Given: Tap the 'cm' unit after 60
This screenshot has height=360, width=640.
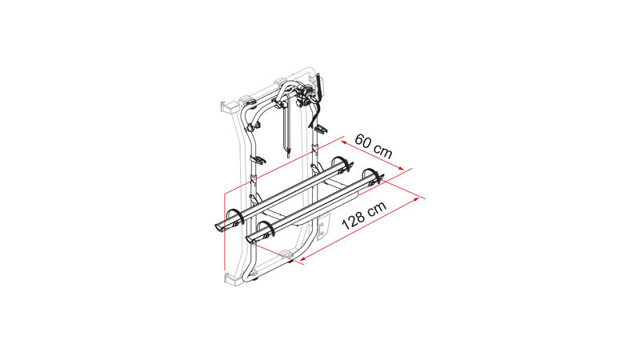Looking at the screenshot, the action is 383,152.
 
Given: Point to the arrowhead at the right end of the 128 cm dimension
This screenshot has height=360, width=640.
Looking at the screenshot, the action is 416,198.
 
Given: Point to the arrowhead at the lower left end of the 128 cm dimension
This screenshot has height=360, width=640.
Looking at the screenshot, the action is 303,258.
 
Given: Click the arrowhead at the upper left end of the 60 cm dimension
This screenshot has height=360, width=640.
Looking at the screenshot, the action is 344,142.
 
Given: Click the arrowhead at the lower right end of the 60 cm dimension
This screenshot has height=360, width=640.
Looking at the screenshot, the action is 401,168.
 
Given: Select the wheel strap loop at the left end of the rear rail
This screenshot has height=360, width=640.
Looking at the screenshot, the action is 234,215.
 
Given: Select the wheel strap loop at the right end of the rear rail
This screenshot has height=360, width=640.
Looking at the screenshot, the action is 342,162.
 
